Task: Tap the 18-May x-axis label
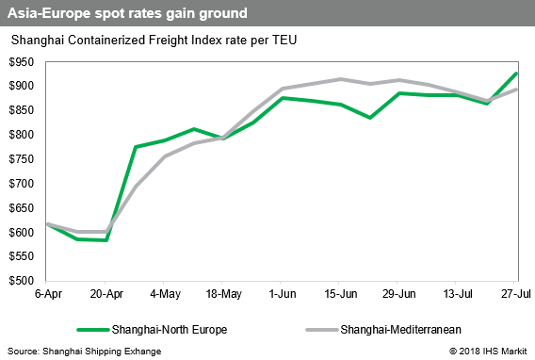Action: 220,293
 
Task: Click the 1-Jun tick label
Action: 279,293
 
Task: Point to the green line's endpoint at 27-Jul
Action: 516,74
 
